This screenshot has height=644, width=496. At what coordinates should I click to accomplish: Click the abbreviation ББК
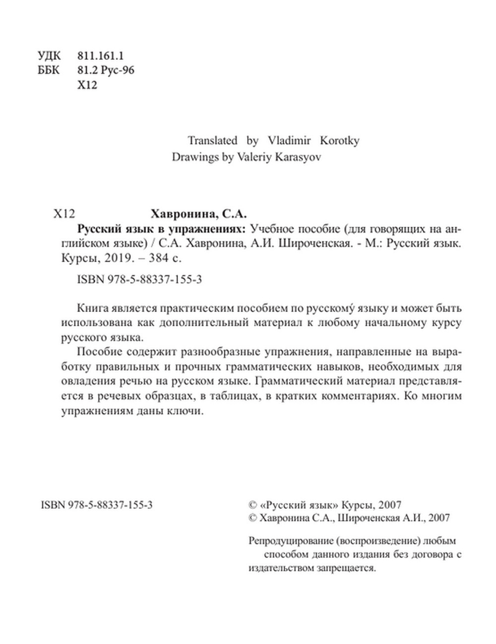pyautogui.click(x=49, y=70)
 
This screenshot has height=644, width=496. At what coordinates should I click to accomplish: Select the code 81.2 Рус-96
pyautogui.click(x=106, y=70)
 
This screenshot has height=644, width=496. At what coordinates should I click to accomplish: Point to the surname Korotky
pyautogui.click(x=340, y=141)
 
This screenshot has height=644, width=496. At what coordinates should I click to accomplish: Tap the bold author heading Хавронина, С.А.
pyautogui.click(x=198, y=215)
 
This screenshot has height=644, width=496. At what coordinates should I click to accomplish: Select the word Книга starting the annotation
pyautogui.click(x=92, y=308)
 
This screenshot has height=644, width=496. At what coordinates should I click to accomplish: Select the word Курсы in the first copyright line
pyautogui.click(x=358, y=505)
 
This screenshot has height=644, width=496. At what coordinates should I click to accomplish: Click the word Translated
pyautogui.click(x=213, y=141)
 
